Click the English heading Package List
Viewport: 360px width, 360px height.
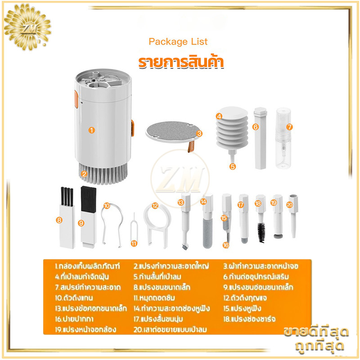[178, 41]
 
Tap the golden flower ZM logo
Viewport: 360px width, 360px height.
[27, 27]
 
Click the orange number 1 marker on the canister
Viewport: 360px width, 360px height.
[92, 130]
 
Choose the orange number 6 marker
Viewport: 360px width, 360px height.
[256, 127]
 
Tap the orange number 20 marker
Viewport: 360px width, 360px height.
[289, 205]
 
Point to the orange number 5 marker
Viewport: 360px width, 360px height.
[233, 166]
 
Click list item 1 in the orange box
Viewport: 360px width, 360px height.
[87, 266]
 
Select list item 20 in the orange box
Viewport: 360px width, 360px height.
[170, 329]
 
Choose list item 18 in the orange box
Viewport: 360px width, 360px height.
[249, 319]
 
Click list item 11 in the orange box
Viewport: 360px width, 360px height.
[154, 298]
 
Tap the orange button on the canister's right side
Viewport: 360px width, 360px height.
[132, 128]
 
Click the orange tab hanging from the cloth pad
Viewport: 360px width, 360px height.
[191, 147]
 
